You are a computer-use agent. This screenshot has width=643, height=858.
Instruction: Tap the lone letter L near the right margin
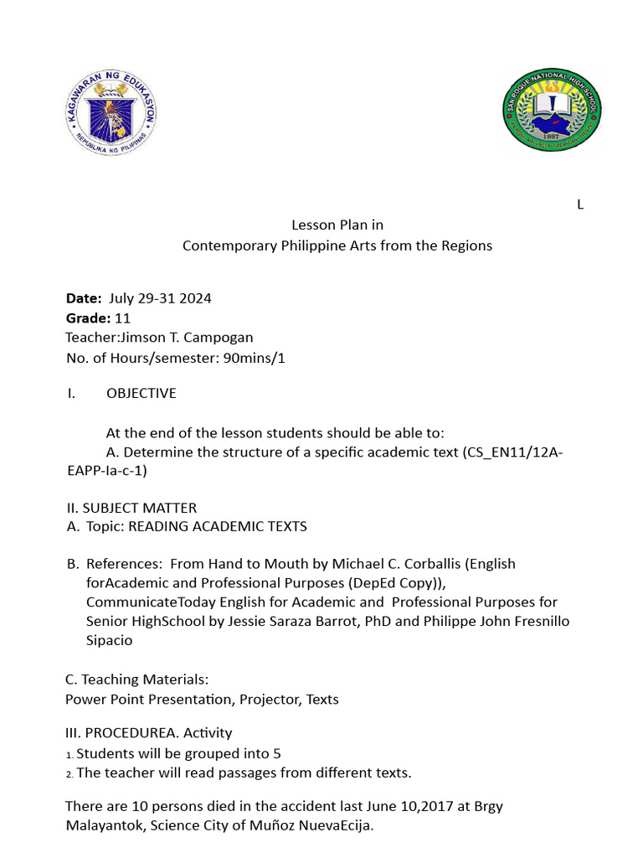[x=579, y=205]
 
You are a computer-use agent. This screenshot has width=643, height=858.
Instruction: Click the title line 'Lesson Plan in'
[x=337, y=225]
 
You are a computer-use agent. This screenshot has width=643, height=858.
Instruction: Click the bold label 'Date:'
[x=84, y=298]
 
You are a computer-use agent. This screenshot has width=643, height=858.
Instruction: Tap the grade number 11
[x=122, y=318]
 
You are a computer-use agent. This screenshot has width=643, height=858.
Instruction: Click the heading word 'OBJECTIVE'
[x=141, y=393]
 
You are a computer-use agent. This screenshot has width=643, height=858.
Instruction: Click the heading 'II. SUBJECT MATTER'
[x=131, y=507]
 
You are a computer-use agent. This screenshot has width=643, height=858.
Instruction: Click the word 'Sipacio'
[x=110, y=640]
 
